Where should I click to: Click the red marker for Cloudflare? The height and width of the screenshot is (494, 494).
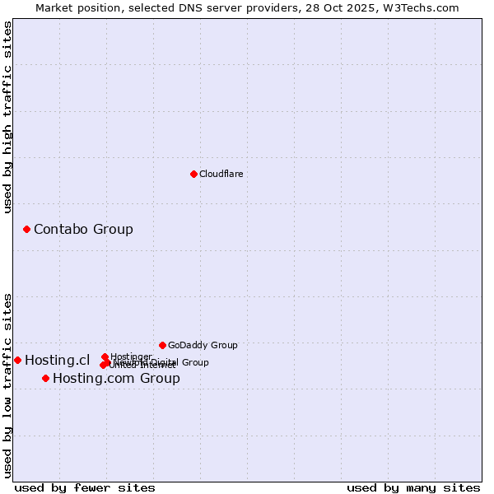pos(193,174)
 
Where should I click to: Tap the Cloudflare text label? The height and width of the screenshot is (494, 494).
pos(221,174)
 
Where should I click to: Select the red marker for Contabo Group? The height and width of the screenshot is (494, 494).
pos(26,229)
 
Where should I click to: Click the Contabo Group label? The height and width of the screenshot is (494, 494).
pos(83,229)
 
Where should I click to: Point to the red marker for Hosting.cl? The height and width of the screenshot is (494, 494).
pos(17,360)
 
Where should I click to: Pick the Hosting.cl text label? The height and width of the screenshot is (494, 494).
pos(57,360)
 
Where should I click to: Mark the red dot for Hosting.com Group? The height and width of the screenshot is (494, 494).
pos(45,378)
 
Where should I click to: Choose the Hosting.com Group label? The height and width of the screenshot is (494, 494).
pos(116,378)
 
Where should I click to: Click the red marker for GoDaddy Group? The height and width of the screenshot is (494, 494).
pos(162,345)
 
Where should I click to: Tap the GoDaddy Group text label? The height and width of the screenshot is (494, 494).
pos(203,345)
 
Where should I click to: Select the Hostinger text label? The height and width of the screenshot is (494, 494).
pos(131,357)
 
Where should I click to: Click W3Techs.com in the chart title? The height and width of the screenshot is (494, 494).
pos(424,7)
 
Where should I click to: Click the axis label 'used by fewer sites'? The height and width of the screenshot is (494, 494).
pos(85,487)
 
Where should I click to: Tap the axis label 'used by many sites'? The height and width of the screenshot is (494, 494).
pos(413,487)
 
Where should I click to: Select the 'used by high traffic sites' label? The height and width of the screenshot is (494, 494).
pos(7,117)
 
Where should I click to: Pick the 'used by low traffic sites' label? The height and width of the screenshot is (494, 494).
pos(7,385)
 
